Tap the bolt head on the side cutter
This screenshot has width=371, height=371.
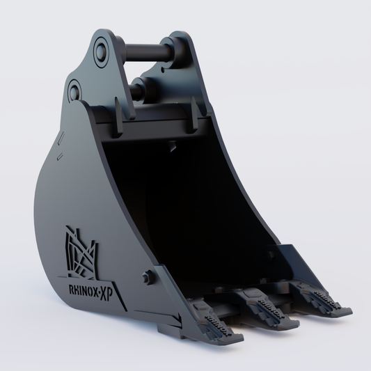[146, 277]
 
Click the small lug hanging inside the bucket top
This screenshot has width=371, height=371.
[169, 145]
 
